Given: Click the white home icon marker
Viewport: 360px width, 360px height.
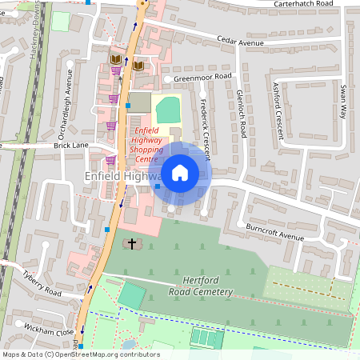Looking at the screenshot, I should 180,172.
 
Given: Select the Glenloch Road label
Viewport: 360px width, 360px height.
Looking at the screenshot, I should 240,113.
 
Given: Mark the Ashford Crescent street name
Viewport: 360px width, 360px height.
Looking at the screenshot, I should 278,110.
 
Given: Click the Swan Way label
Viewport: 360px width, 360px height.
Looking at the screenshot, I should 342,101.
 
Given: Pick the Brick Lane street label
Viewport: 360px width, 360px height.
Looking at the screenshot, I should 70,146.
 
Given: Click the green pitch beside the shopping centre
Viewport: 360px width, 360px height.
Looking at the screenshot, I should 167,109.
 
